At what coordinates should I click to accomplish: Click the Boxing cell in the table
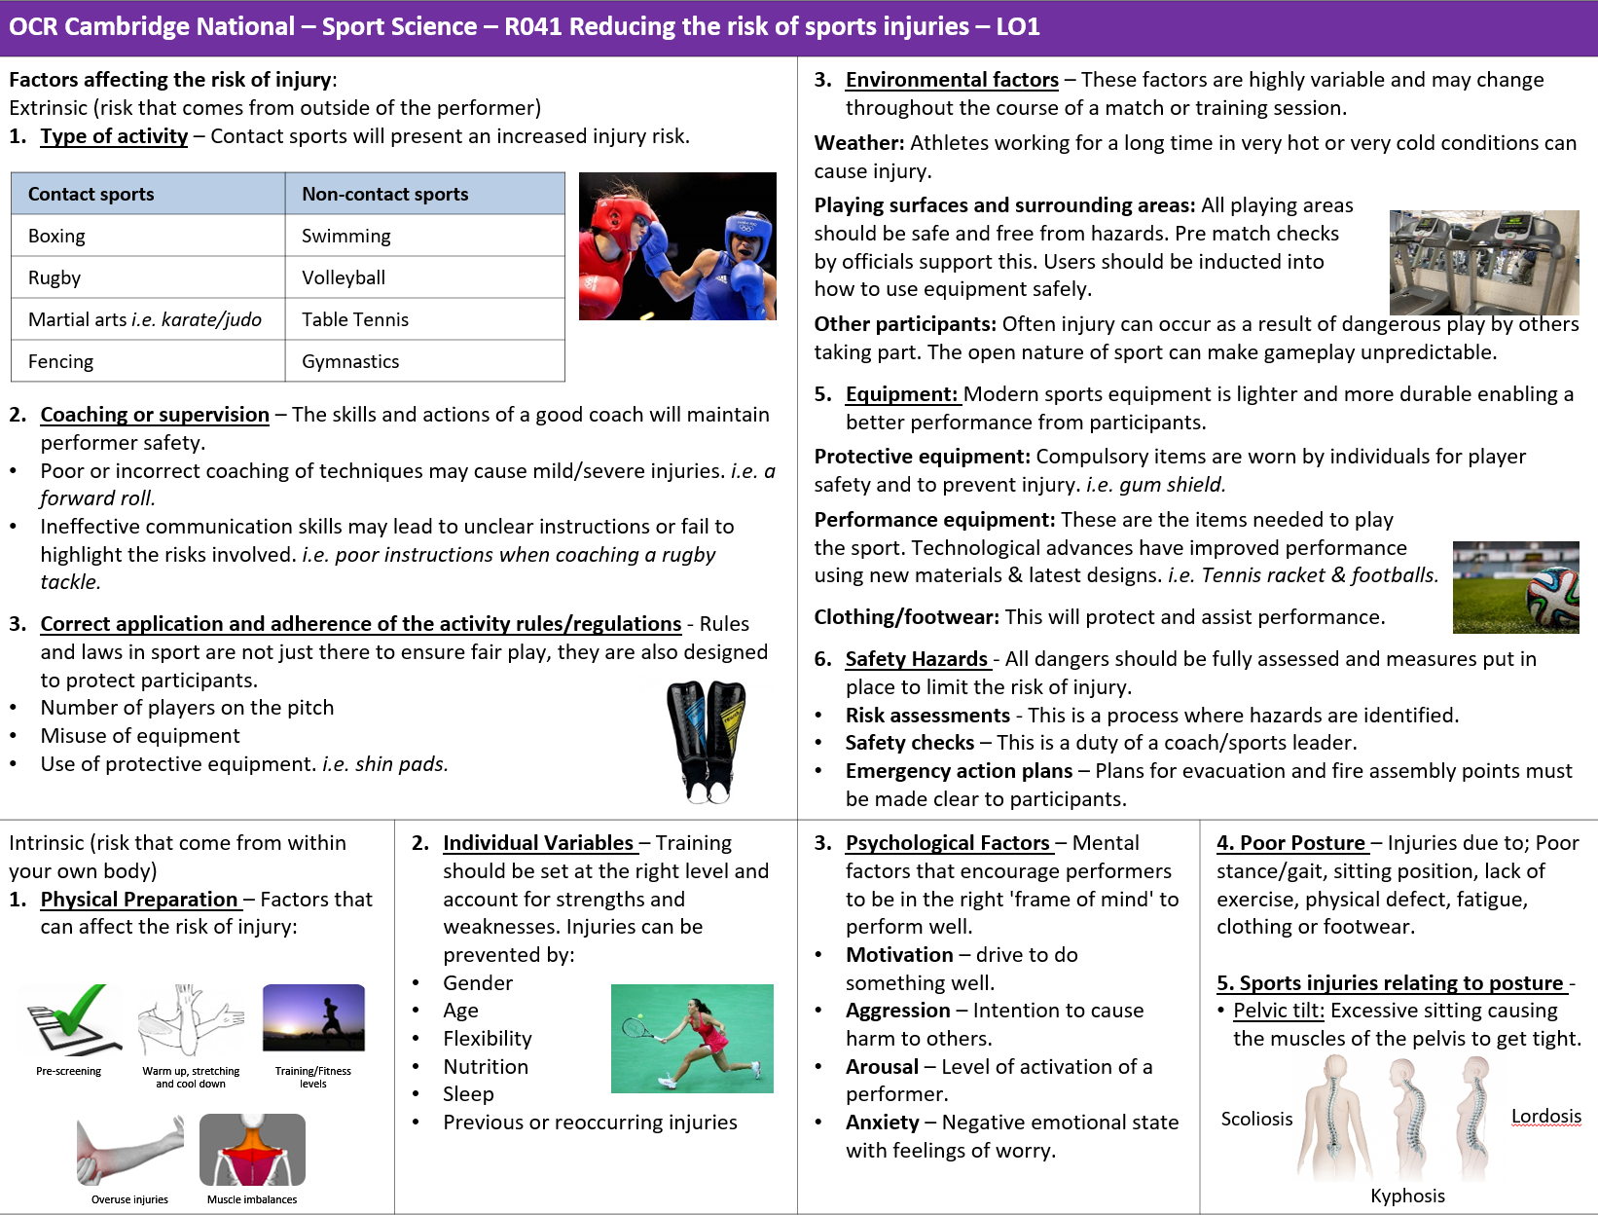[56, 236]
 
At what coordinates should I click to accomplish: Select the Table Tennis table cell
[355, 319]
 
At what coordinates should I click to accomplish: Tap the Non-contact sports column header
[385, 194]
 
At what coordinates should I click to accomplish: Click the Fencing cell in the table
[60, 361]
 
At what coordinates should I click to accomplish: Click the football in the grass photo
[1553, 596]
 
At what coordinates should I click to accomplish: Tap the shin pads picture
[707, 740]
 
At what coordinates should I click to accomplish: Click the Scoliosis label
[1256, 1119]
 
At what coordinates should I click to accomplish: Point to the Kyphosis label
[1407, 1196]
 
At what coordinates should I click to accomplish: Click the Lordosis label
[1545, 1116]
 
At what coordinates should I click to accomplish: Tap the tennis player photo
[692, 1038]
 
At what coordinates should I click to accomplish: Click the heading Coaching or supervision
[155, 415]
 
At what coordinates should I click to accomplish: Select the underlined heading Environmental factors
[952, 80]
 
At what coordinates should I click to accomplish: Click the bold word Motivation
[899, 955]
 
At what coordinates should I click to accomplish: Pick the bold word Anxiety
[882, 1123]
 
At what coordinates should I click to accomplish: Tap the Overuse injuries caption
[129, 1199]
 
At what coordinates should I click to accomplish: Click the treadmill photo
[1483, 262]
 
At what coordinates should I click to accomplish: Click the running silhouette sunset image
[313, 1017]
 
